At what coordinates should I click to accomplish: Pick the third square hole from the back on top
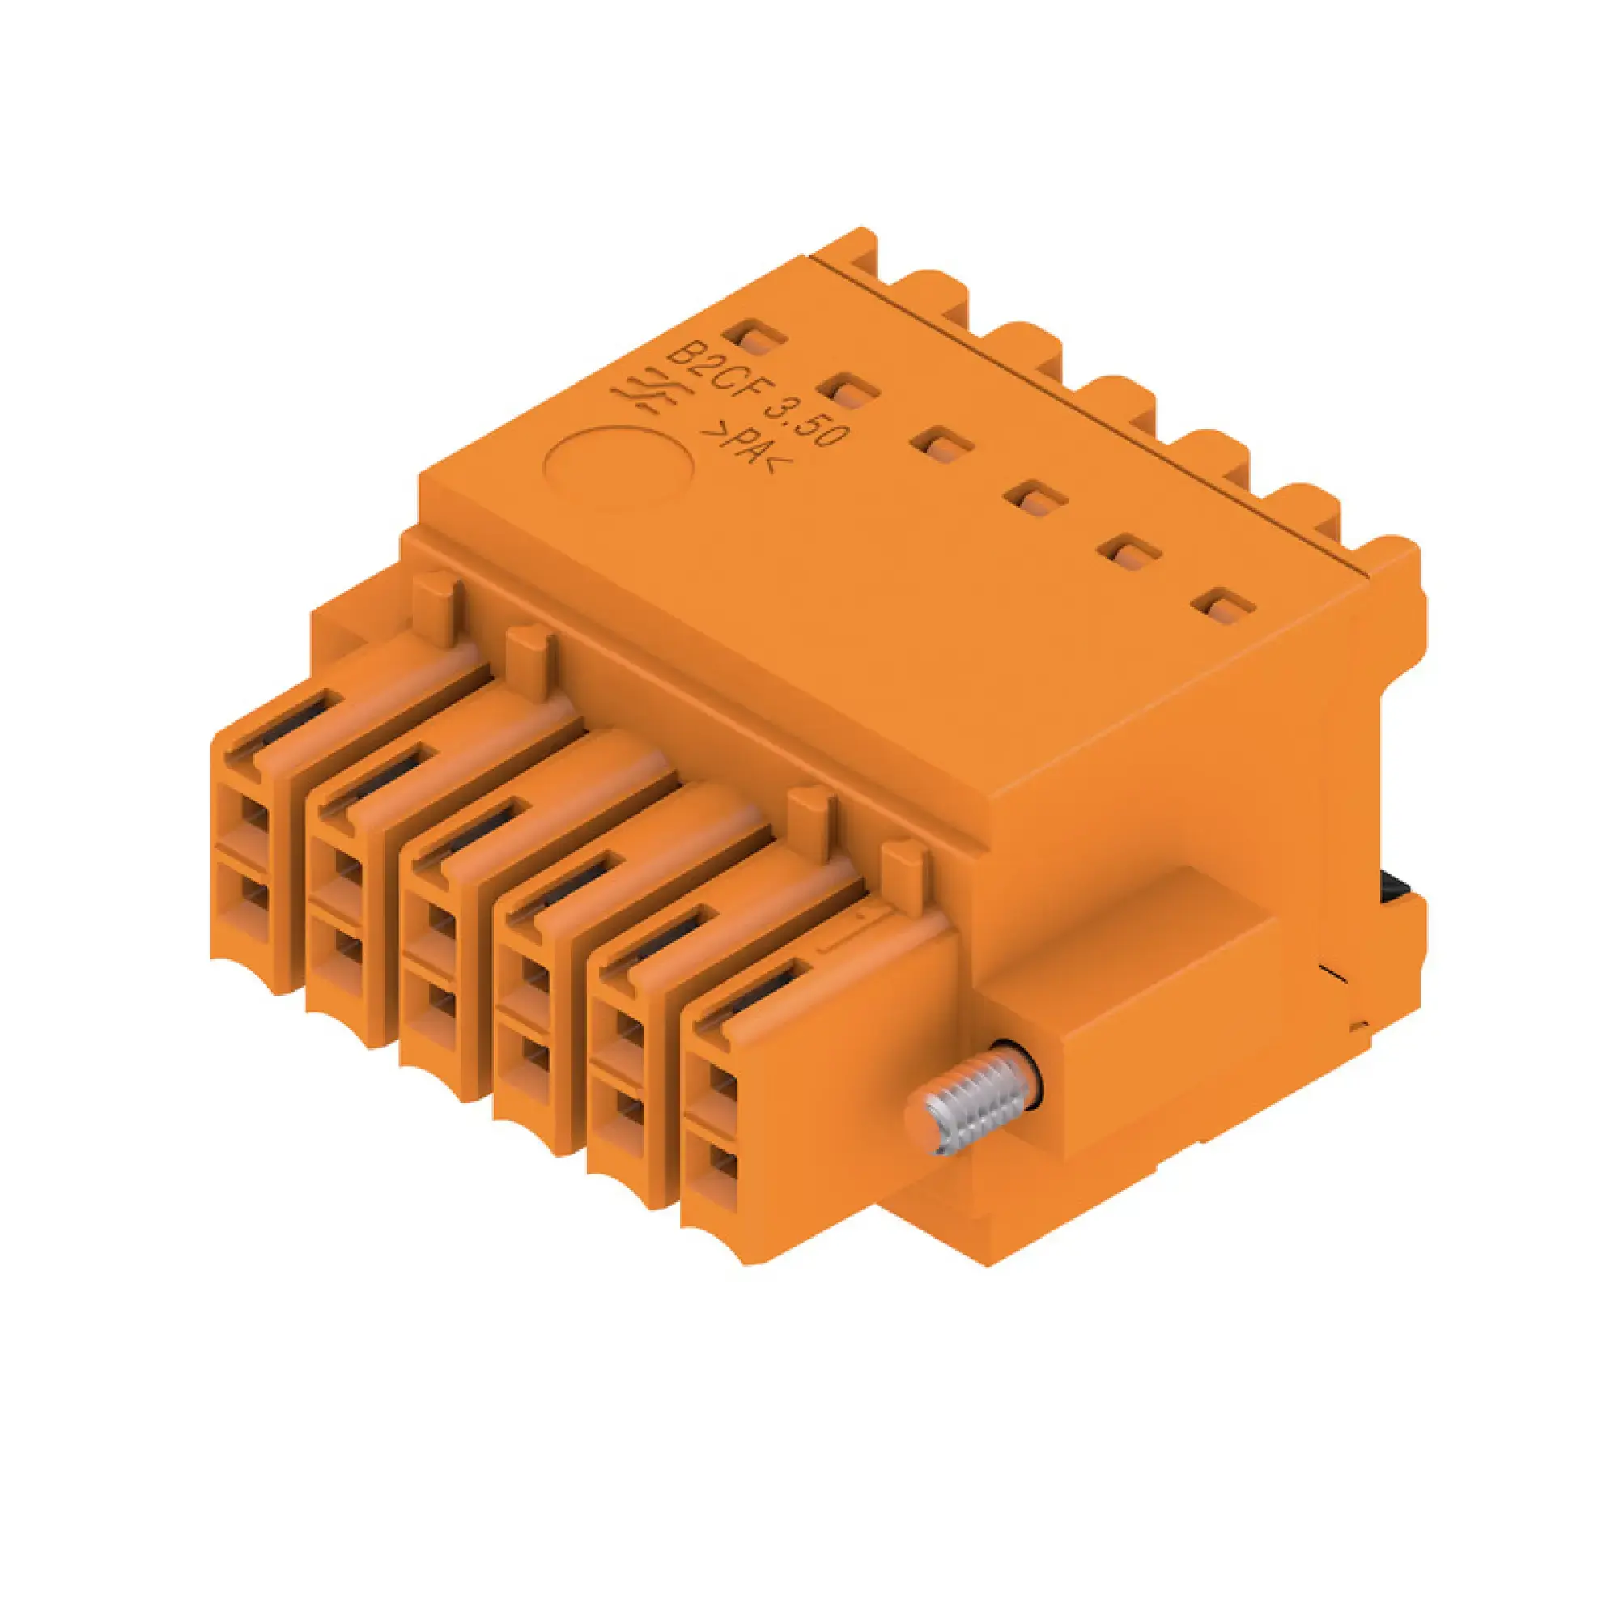(x=942, y=444)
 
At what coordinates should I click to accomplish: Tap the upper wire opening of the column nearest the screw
(x=721, y=1089)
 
